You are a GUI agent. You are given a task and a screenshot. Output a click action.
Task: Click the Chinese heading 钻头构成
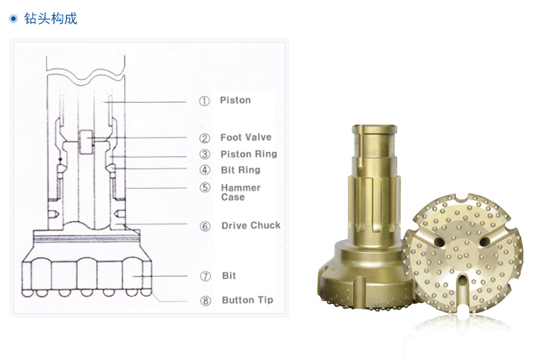[51, 19]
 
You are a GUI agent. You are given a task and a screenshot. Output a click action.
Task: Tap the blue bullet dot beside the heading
[13, 19]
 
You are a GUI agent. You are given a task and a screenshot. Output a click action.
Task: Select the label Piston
[235, 101]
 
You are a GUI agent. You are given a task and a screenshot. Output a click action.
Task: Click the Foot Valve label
[246, 137]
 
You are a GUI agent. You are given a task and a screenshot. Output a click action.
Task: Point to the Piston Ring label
[249, 154]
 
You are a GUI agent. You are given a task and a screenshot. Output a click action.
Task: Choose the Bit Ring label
[241, 170]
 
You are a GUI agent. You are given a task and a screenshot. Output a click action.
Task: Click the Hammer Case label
[241, 192]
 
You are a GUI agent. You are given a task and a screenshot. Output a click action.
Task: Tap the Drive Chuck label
[251, 226]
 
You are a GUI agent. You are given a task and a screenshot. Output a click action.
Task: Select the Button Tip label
[247, 300]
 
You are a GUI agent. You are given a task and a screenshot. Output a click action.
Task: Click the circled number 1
[204, 101]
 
